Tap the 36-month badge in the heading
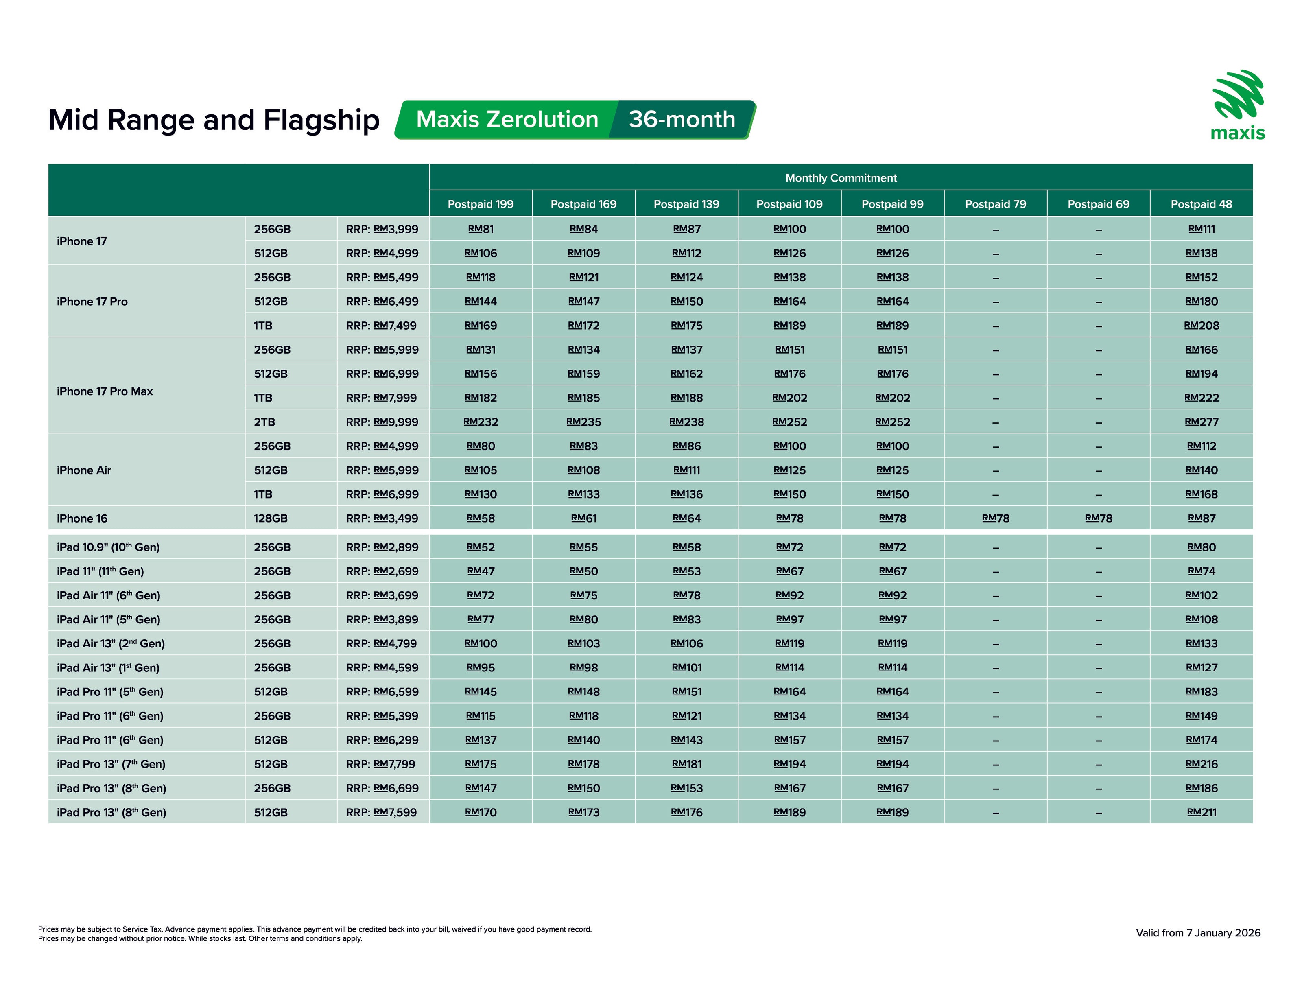682,119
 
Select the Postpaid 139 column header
686,204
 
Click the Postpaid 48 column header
1201,204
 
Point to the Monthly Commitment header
841,178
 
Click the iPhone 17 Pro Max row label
105,391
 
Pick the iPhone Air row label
84,470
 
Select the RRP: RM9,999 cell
382,422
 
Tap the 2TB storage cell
265,422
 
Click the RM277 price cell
1201,422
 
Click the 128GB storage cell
271,518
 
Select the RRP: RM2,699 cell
382,571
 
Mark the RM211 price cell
1201,812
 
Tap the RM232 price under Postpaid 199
481,422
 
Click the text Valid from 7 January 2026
1198,933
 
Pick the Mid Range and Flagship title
214,120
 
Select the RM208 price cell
1201,326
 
